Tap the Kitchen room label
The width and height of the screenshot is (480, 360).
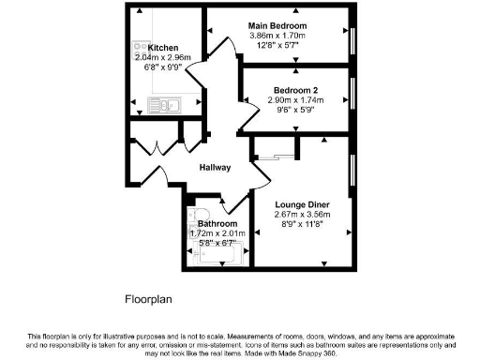coord(162,47)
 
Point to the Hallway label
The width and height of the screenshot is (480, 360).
coord(215,167)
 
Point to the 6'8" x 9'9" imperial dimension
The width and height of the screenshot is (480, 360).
coord(162,67)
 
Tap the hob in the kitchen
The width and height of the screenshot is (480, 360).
coord(141,48)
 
